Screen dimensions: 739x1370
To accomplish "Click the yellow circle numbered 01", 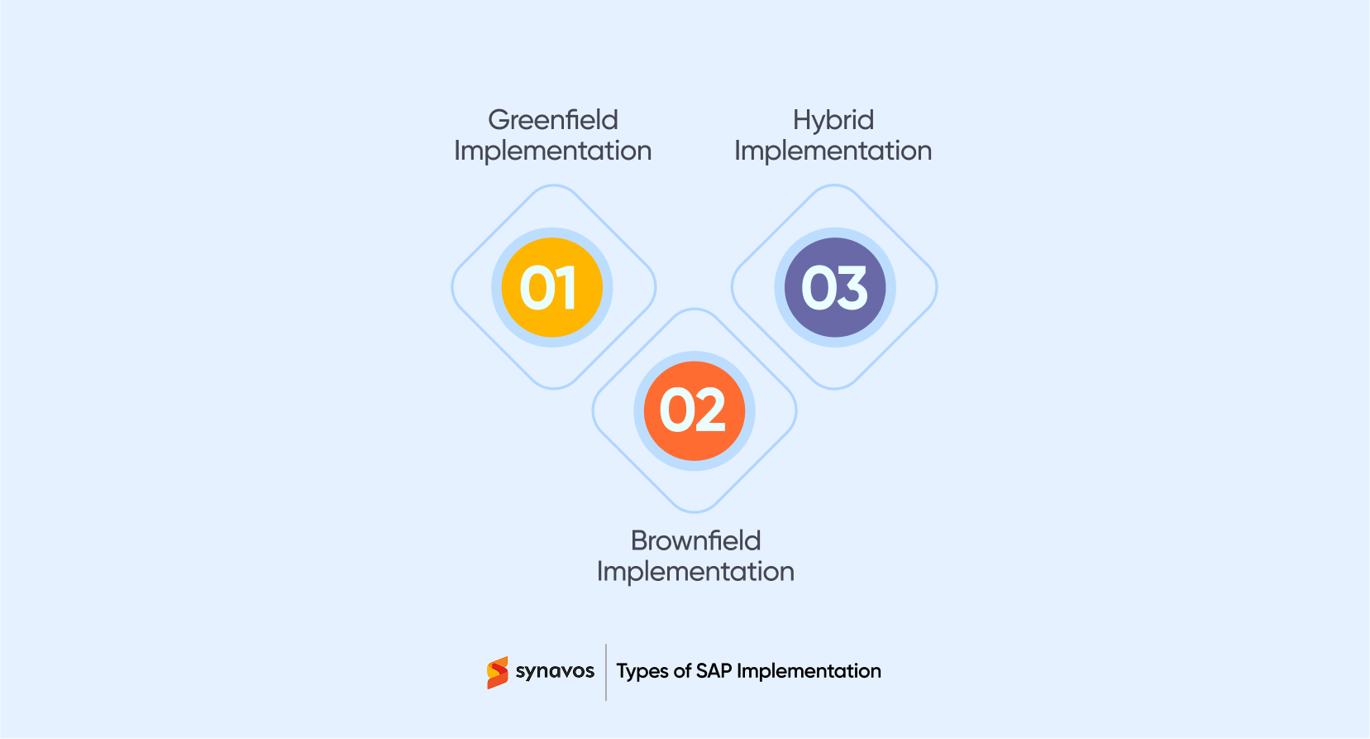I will [551, 287].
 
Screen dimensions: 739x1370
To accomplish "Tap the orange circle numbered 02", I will [694, 410].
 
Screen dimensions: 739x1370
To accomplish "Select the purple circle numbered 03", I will [834, 287].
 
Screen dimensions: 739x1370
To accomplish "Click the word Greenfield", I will [553, 120].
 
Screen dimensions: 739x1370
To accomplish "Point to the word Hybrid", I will [833, 121].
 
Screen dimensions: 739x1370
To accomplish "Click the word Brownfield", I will [695, 540].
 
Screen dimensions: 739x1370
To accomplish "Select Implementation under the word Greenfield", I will [553, 151].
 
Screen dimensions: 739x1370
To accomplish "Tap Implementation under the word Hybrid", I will [833, 151].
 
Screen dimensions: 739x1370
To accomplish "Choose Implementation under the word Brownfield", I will [695, 571].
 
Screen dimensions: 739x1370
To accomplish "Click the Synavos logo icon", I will [497, 673].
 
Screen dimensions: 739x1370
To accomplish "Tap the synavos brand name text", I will [555, 671].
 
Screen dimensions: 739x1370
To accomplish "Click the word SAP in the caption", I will [714, 671].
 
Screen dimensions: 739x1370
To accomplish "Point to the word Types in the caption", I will [642, 671].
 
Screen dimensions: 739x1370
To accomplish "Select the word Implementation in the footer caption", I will [809, 671].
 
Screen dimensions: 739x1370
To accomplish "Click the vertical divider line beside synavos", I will [606, 672].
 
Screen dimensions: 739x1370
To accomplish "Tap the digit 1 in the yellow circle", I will [566, 288].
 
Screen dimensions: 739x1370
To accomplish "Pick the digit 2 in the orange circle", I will [710, 410].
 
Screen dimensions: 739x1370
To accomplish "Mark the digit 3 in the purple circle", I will [852, 288].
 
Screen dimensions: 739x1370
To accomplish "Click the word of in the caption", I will [682, 671].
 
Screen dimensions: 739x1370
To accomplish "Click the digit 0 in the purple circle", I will [818, 288].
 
